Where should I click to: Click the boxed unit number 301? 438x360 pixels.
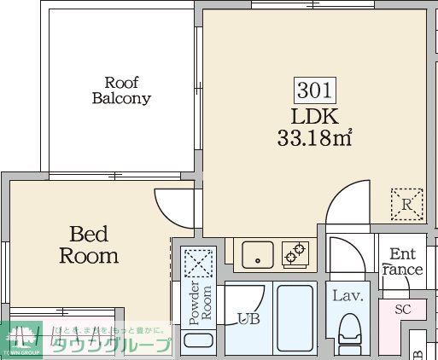tap(315, 90)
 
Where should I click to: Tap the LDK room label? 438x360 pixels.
tap(315, 116)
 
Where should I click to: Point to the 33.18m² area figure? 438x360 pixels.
tap(315, 137)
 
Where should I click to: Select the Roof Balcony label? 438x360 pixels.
tap(121, 90)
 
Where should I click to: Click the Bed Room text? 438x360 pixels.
tap(89, 244)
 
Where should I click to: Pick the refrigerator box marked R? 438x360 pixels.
tap(406, 204)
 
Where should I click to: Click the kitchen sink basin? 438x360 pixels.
tap(254, 253)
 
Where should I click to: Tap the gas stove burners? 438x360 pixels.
tap(295, 253)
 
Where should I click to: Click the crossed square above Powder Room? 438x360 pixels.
tap(199, 261)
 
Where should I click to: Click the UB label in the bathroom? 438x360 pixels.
tap(248, 319)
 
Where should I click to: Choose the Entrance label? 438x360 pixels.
tap(402, 262)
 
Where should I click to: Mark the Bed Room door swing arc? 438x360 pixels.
tap(174, 203)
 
